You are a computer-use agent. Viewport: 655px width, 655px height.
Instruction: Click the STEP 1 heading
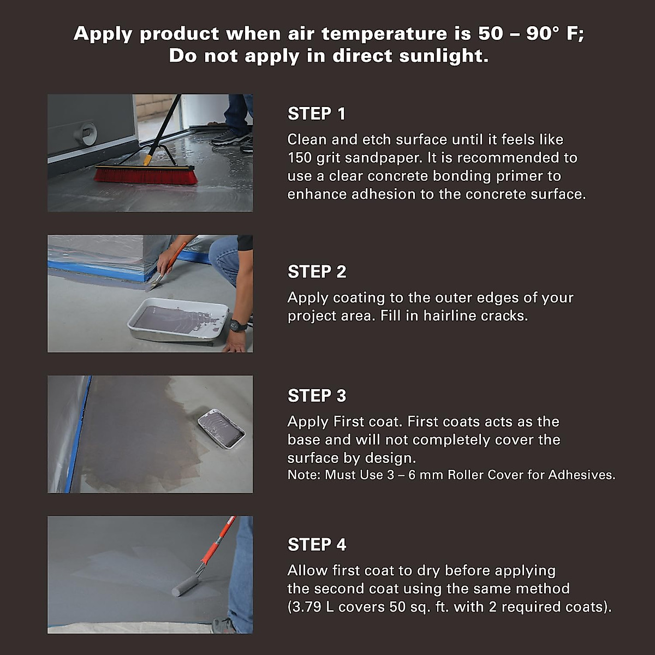317,114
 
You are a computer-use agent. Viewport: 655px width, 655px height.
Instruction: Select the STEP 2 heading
317,272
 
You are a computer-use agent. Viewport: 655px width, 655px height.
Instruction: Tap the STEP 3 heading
317,396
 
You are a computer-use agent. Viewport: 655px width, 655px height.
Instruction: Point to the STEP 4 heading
317,545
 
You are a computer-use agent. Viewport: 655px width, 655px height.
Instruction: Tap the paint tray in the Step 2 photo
178,319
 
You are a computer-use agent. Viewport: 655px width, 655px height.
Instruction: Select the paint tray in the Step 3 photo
221,428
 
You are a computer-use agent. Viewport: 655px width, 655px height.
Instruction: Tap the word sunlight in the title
444,56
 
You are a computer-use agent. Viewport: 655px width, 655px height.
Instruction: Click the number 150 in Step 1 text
300,158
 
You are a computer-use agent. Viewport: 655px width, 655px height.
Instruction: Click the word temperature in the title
384,34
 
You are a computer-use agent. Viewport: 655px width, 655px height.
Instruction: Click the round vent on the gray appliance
86,134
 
